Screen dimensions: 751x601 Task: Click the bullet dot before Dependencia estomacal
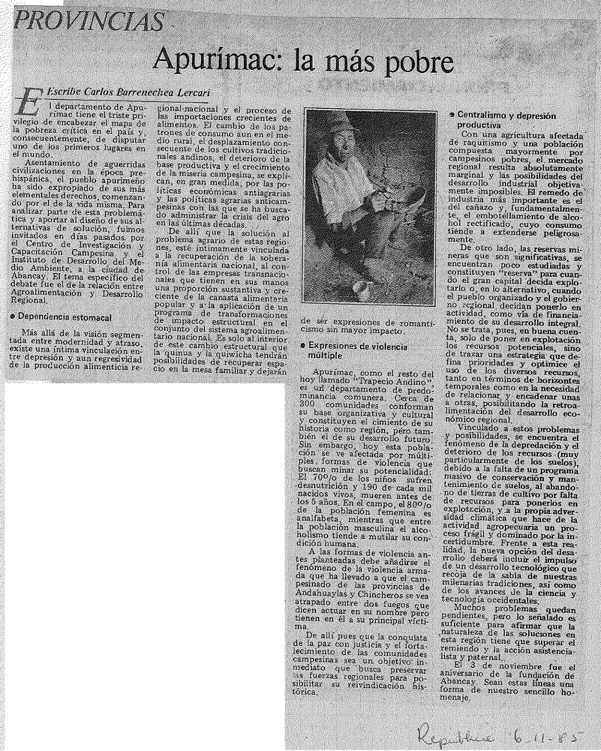point(11,316)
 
